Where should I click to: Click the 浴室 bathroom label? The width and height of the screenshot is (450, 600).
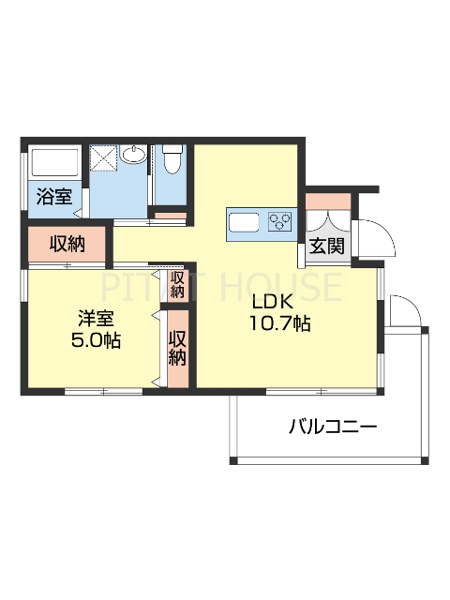[x=53, y=197]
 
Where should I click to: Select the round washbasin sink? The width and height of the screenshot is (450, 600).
[x=133, y=155]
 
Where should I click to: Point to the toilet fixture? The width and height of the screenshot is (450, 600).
[x=171, y=160]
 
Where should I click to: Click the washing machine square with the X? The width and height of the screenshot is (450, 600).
[x=102, y=157]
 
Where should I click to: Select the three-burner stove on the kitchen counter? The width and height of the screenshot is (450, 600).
[x=280, y=222]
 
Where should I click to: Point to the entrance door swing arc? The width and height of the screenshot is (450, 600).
[x=368, y=235]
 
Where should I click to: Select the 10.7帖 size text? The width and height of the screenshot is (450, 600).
[x=279, y=323]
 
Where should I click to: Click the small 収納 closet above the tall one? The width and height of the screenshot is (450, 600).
[x=177, y=285]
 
